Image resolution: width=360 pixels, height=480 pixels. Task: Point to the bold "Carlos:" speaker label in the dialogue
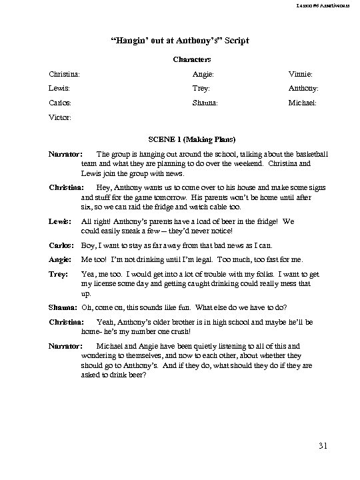61,245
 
